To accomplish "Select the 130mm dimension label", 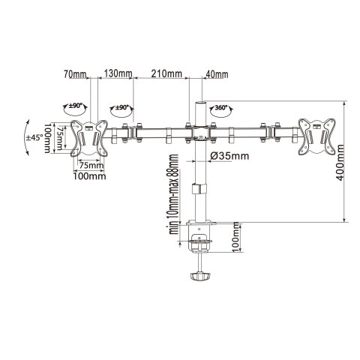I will point(118,73).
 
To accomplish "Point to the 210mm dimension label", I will point(167,73).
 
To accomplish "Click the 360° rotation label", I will point(221,108).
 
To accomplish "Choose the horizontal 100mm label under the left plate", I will point(88,176).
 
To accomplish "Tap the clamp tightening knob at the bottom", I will point(199,277).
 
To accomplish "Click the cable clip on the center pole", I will point(199,188).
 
